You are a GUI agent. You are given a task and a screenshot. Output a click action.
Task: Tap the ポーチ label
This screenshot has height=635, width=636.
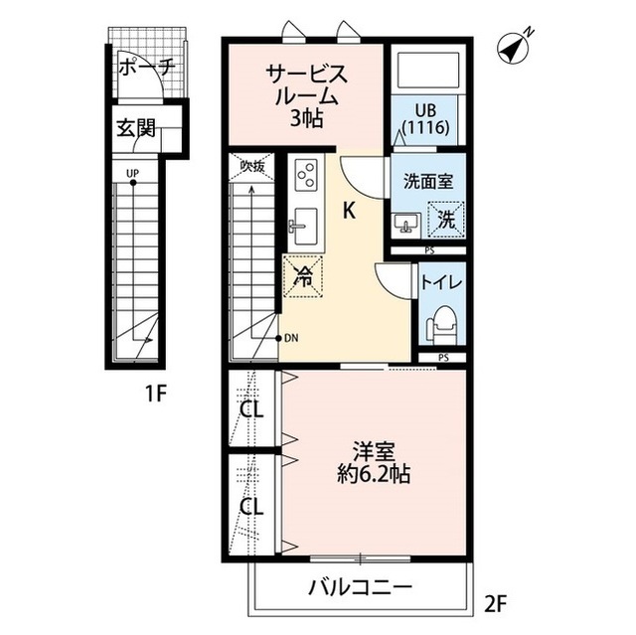(146, 70)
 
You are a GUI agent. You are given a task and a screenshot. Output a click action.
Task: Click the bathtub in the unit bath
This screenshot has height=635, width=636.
(424, 71)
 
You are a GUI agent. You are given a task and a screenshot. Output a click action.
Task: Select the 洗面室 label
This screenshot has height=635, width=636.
(428, 182)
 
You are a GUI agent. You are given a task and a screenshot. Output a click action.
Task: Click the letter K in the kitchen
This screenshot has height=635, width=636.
(351, 210)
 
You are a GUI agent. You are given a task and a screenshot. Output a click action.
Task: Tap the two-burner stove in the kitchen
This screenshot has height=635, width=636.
(305, 177)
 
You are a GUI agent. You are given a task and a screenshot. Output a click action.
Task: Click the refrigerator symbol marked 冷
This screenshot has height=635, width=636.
(302, 276)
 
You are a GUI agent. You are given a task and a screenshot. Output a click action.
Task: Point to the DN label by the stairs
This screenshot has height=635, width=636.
(291, 338)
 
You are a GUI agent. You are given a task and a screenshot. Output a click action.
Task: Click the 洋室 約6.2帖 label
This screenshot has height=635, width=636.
(373, 461)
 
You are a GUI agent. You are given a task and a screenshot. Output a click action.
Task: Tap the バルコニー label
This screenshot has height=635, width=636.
(359, 587)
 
